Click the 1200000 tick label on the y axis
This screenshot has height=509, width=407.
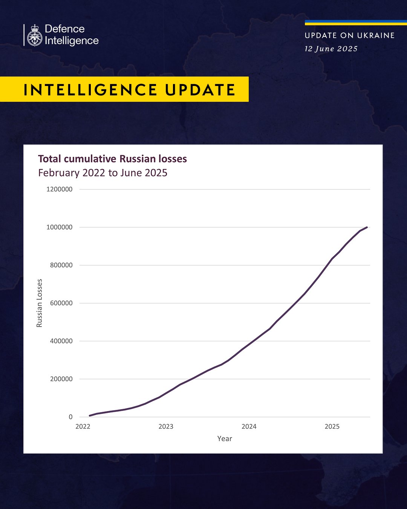pyautogui.click(x=59, y=189)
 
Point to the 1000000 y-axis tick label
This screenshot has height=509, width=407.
pyautogui.click(x=59, y=227)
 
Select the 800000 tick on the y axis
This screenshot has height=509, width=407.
pyautogui.click(x=61, y=265)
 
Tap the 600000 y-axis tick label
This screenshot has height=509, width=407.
pyautogui.click(x=61, y=303)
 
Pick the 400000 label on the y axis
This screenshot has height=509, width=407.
pyautogui.click(x=61, y=341)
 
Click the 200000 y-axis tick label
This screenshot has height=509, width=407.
pyautogui.click(x=61, y=379)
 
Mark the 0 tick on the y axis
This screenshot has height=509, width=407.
pyautogui.click(x=70, y=417)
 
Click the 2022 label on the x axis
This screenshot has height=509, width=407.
pyautogui.click(x=83, y=426)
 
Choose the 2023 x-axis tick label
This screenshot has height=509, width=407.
pyautogui.click(x=166, y=426)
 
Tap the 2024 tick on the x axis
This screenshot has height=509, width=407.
pyautogui.click(x=249, y=426)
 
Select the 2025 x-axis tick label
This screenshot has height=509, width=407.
pyautogui.click(x=332, y=426)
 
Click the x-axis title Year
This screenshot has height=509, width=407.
pyautogui.click(x=225, y=438)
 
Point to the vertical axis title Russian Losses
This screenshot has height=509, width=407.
pyautogui.click(x=40, y=303)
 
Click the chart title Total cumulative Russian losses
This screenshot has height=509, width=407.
pyautogui.click(x=112, y=159)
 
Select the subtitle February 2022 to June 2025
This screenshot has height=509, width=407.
pyautogui.click(x=103, y=173)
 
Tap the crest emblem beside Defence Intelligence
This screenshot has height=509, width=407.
pyautogui.click(x=35, y=35)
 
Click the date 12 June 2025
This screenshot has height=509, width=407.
pyautogui.click(x=331, y=49)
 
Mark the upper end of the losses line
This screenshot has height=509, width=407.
pyautogui.click(x=367, y=227)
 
